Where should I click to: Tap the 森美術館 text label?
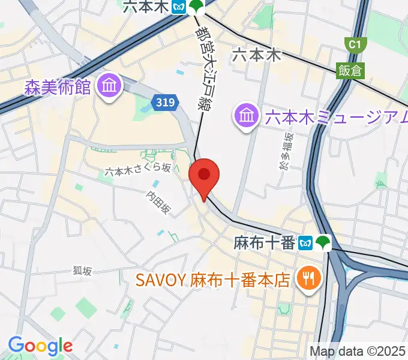pos(58,88)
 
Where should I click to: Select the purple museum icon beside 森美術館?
pos(110,86)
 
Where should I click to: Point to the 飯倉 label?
pos(350,70)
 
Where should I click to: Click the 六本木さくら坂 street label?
pos(137,170)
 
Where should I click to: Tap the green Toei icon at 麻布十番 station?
pos(324,243)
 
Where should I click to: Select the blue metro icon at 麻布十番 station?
pos(307,243)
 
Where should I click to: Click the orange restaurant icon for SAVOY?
pos(310,278)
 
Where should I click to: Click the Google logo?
pos(40,346)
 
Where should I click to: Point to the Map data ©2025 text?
pos(358,351)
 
